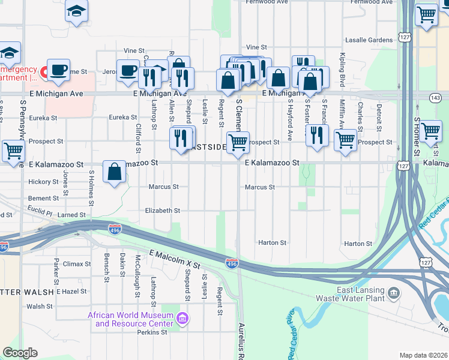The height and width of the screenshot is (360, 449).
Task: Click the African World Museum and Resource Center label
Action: point(130,320)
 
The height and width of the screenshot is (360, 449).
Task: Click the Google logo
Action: point(20,353)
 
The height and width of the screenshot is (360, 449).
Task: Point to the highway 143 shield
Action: point(435,97)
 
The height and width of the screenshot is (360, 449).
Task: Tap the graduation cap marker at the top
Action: point(76,10)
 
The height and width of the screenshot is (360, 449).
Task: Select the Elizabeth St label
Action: point(163,211)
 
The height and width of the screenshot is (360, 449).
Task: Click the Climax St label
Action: point(77,263)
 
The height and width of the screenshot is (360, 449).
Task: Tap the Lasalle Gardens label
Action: point(369,40)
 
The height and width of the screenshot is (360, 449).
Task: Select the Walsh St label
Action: point(40,306)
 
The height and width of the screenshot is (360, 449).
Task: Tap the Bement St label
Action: point(43,198)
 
